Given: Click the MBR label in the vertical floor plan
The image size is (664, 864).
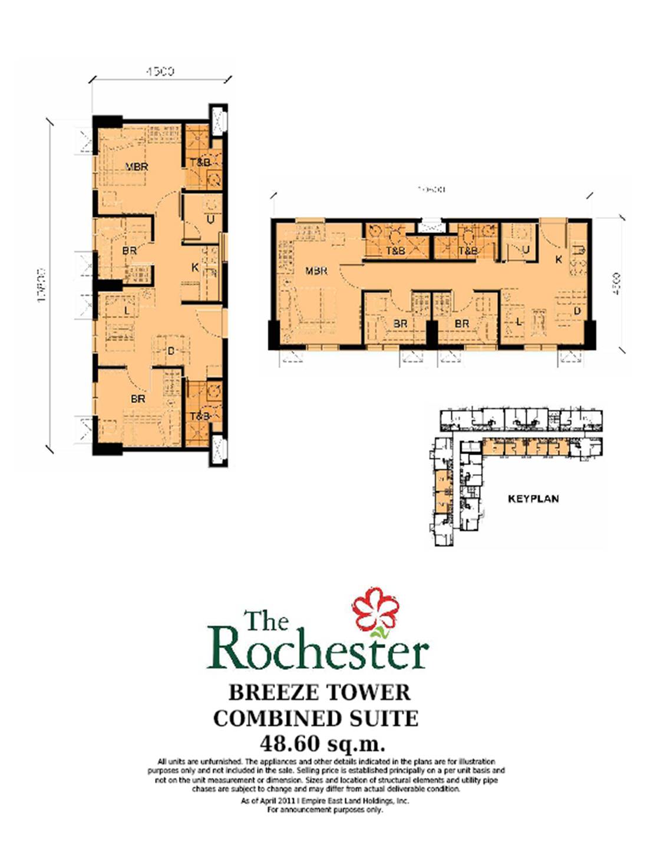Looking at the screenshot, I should (137, 167).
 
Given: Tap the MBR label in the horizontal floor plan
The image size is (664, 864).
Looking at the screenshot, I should (316, 271).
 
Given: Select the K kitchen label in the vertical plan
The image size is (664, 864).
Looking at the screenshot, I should (195, 267).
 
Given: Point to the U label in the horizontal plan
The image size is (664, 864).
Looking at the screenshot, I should (526, 249).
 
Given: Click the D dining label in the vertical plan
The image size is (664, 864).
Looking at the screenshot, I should (171, 351).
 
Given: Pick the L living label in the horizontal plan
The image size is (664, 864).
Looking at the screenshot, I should (518, 322).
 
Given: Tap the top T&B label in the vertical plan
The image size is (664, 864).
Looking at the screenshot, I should (200, 162).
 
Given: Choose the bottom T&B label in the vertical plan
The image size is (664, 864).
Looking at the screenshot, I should (200, 416).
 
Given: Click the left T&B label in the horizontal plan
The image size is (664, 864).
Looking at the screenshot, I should (395, 251).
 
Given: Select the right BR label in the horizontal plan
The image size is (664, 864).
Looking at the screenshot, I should (462, 324).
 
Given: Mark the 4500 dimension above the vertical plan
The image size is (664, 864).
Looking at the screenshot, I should (160, 71).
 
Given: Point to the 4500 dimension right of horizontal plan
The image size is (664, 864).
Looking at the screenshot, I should (616, 284).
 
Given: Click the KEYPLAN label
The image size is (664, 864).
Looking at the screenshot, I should (533, 499).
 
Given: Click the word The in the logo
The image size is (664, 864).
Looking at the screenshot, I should (266, 621).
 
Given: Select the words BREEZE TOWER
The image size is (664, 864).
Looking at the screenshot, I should (319, 692).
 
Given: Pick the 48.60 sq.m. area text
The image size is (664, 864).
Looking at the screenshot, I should (322, 743).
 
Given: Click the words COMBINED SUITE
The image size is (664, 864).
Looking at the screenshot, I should (316, 718).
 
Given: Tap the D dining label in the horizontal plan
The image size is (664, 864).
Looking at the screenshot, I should (577, 311).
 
